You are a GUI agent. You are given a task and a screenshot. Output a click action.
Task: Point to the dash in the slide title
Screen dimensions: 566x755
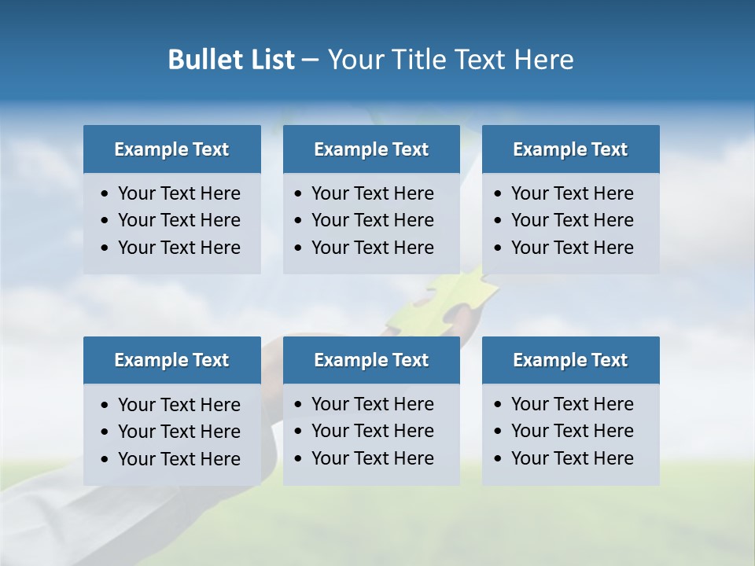[x=310, y=61]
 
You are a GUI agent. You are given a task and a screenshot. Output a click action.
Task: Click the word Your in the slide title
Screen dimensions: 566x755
[x=355, y=60]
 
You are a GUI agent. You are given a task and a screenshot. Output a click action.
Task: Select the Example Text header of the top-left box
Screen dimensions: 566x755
[x=171, y=149]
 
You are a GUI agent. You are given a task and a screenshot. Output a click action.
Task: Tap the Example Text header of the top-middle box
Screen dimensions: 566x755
[x=371, y=149]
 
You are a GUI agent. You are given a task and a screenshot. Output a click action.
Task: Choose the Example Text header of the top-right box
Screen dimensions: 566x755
[x=570, y=149]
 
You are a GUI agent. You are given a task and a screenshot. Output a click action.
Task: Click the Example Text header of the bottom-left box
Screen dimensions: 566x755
[x=171, y=360]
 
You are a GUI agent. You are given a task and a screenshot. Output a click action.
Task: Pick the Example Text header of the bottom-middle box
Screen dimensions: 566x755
[x=371, y=360]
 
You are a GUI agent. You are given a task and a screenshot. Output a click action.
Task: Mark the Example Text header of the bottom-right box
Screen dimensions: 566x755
[x=570, y=360]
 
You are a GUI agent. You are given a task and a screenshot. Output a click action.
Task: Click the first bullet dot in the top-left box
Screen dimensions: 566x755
[x=105, y=194]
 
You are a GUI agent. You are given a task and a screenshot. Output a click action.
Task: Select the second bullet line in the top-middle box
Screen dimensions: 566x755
[x=372, y=220]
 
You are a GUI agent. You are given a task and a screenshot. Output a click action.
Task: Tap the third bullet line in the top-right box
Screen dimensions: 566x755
[x=572, y=248]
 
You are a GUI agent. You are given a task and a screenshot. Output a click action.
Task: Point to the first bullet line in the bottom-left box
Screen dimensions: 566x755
[x=179, y=405]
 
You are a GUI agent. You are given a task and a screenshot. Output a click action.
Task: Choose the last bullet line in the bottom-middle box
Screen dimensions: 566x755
[x=372, y=458]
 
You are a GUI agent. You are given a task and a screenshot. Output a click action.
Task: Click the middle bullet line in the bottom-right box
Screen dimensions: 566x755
[x=572, y=431]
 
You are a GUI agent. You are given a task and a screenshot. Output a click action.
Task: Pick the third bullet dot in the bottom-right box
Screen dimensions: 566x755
[x=498, y=459]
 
